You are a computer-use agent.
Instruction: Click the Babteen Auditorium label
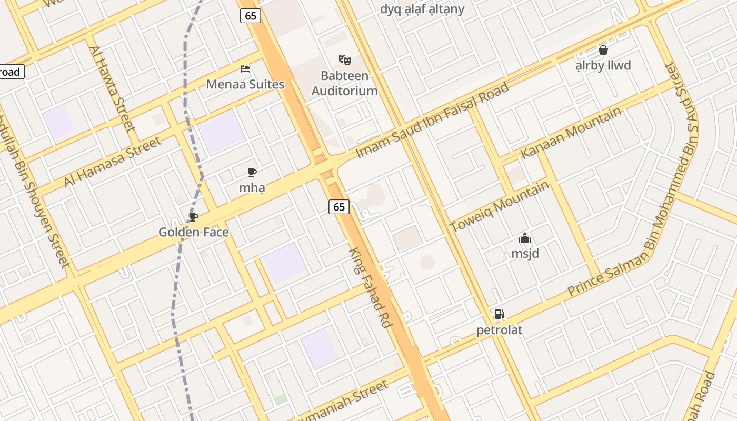pos(345,83)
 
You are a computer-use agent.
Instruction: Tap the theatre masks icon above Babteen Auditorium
pos(345,59)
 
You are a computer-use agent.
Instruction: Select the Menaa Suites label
pos(245,84)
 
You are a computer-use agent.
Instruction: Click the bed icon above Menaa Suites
pos(245,68)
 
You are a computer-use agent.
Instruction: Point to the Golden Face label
pos(194,232)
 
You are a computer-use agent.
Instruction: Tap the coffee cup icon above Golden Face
pos(194,217)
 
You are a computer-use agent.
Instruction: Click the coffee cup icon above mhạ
pos(252,172)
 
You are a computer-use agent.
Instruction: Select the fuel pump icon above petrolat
pos(499,315)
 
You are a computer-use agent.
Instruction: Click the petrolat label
pos(499,330)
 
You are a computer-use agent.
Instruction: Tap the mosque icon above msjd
pos(525,238)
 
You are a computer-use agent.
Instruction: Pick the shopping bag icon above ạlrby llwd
pos(603,50)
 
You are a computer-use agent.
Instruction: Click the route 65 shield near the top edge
pos(251,16)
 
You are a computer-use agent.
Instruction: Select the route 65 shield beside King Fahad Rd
pos(339,207)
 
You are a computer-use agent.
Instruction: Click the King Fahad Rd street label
pos(371,288)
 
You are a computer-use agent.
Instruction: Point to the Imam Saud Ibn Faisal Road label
pos(433,120)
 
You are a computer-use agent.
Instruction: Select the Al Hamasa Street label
pos(113,162)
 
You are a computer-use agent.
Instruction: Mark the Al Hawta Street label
pos(111,88)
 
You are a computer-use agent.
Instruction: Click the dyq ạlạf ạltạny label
pos(422,9)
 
